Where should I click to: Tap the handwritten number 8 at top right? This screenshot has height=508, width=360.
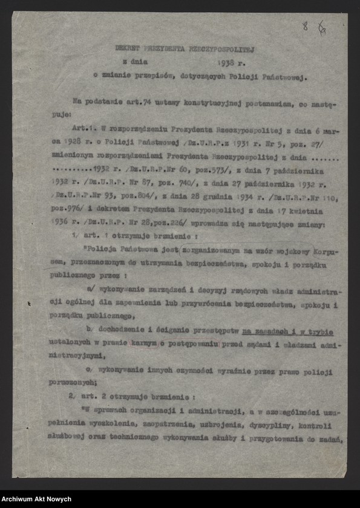[x=306, y=26]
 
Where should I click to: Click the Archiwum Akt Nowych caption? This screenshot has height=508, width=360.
[x=36, y=499]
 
